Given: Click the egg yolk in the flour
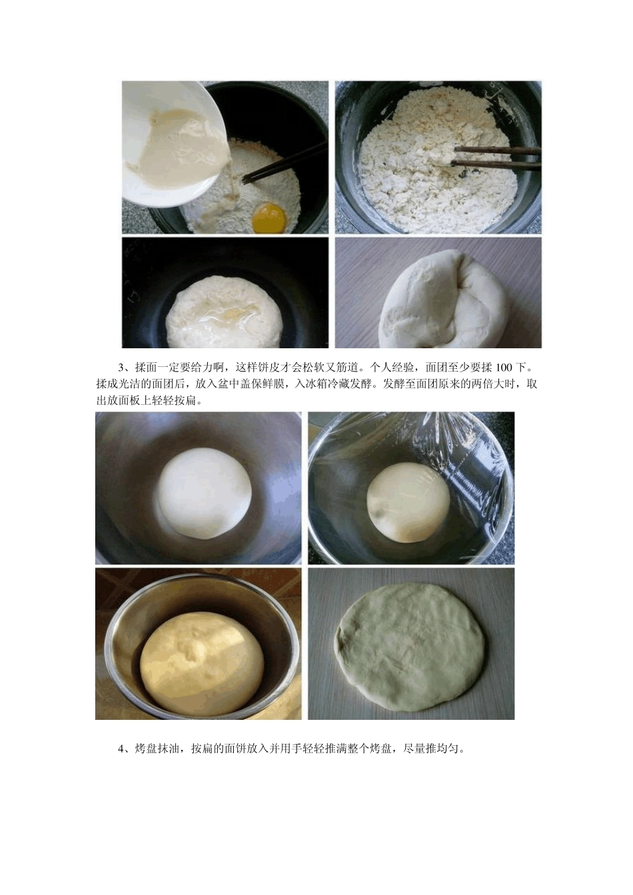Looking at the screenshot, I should pos(270,216).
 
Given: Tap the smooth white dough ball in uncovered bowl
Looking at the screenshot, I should pos(204,493).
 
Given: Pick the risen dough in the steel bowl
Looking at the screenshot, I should pos(201,663).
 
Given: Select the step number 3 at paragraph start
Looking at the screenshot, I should pos(121,367).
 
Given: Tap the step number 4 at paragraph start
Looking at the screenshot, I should pos(121,748).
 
